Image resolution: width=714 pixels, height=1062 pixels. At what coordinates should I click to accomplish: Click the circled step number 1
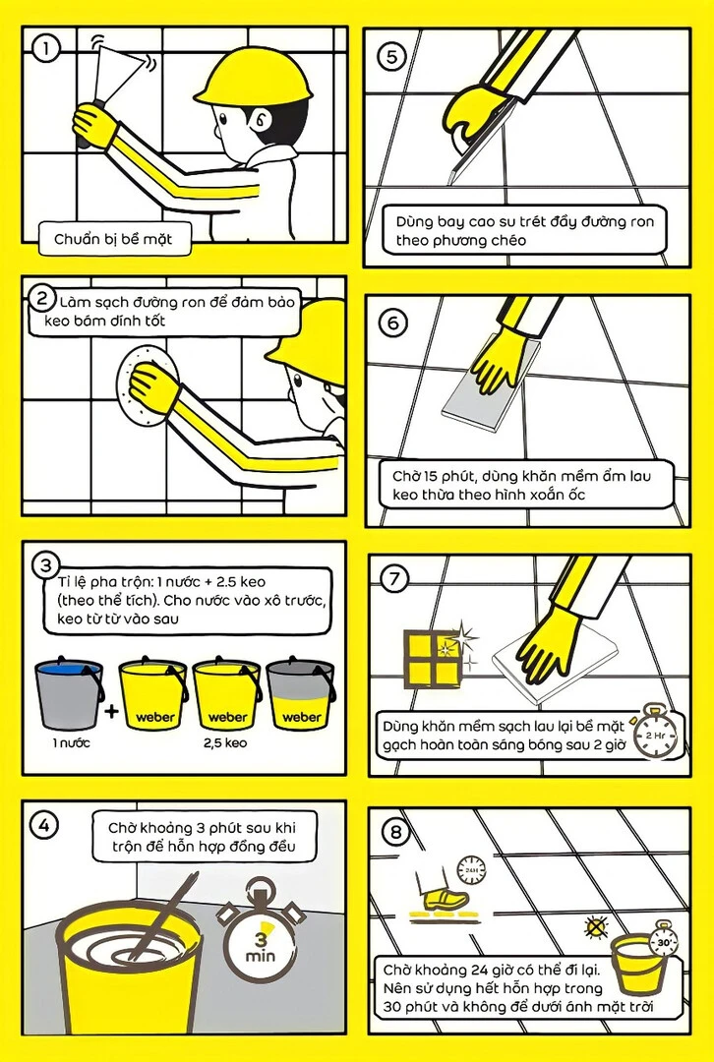pyautogui.click(x=47, y=49)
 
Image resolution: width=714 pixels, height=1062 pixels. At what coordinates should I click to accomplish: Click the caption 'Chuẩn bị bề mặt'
pyautogui.click(x=113, y=239)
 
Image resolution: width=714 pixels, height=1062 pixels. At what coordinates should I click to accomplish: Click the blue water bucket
pyautogui.click(x=69, y=693)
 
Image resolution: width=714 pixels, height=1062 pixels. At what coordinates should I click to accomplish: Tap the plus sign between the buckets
pyautogui.click(x=112, y=711)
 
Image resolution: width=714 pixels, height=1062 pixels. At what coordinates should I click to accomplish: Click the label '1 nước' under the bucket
pyautogui.click(x=71, y=743)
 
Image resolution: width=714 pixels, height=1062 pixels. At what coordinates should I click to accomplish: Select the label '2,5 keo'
pyautogui.click(x=225, y=743)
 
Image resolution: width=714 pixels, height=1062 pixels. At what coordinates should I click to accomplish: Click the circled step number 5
pyautogui.click(x=391, y=57)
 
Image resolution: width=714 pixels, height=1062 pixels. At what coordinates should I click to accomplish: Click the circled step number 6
pyautogui.click(x=393, y=324)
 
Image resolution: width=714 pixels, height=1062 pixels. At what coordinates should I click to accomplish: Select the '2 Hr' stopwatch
pyautogui.click(x=655, y=733)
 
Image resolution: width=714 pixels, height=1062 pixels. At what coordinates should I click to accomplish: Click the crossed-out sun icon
pyautogui.click(x=595, y=926)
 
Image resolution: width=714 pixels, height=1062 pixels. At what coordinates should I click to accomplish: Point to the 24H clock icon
pyautogui.click(x=471, y=869)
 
